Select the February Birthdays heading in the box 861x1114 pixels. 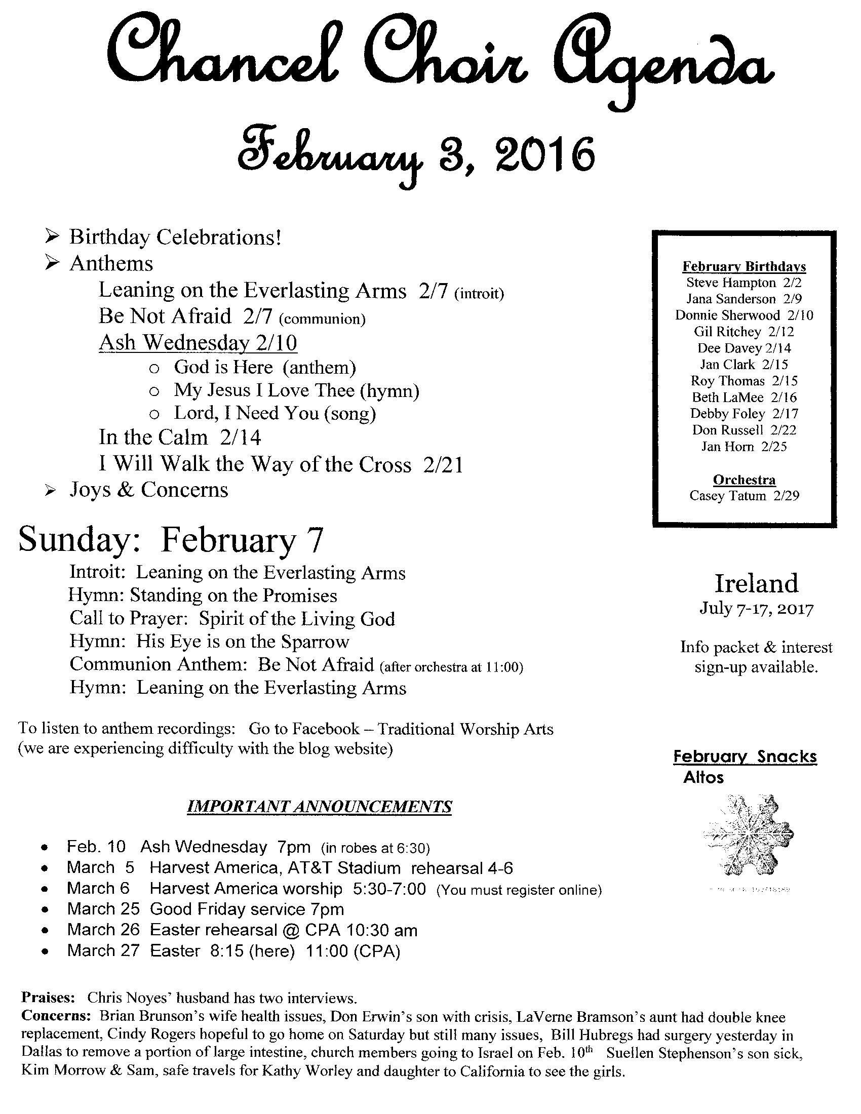pos(744,266)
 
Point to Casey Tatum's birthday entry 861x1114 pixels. pos(744,496)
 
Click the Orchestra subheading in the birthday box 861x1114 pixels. pos(744,480)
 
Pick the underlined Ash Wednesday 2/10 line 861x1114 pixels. pos(198,342)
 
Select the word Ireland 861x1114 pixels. pos(756,583)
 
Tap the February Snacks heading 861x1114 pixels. pos(745,757)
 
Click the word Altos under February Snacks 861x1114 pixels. pos(703,778)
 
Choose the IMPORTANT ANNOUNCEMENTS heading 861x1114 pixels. pos(320,807)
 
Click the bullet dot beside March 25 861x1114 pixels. pos(46,910)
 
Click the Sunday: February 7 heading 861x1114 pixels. pos(171,541)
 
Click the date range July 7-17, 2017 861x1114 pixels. pos(756,609)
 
